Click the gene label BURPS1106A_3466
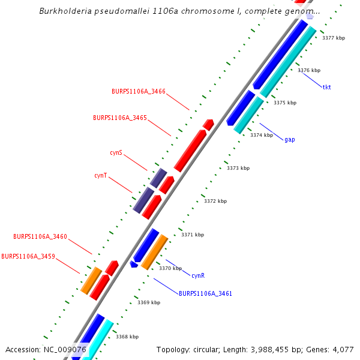click(139, 91)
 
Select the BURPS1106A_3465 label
click(120, 118)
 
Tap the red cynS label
click(116, 152)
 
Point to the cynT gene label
click(101, 175)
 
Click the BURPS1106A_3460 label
click(40, 236)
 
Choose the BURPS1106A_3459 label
click(28, 256)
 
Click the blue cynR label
click(198, 275)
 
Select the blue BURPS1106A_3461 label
click(205, 293)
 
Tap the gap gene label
click(289, 139)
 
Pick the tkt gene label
click(326, 87)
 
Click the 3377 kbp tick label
click(334, 38)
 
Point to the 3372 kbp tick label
click(215, 201)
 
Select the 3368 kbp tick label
click(127, 337)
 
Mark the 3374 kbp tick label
click(262, 135)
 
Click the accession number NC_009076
click(65, 349)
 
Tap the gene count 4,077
click(342, 349)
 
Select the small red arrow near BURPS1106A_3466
click(208, 125)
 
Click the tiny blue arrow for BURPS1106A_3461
click(134, 264)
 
